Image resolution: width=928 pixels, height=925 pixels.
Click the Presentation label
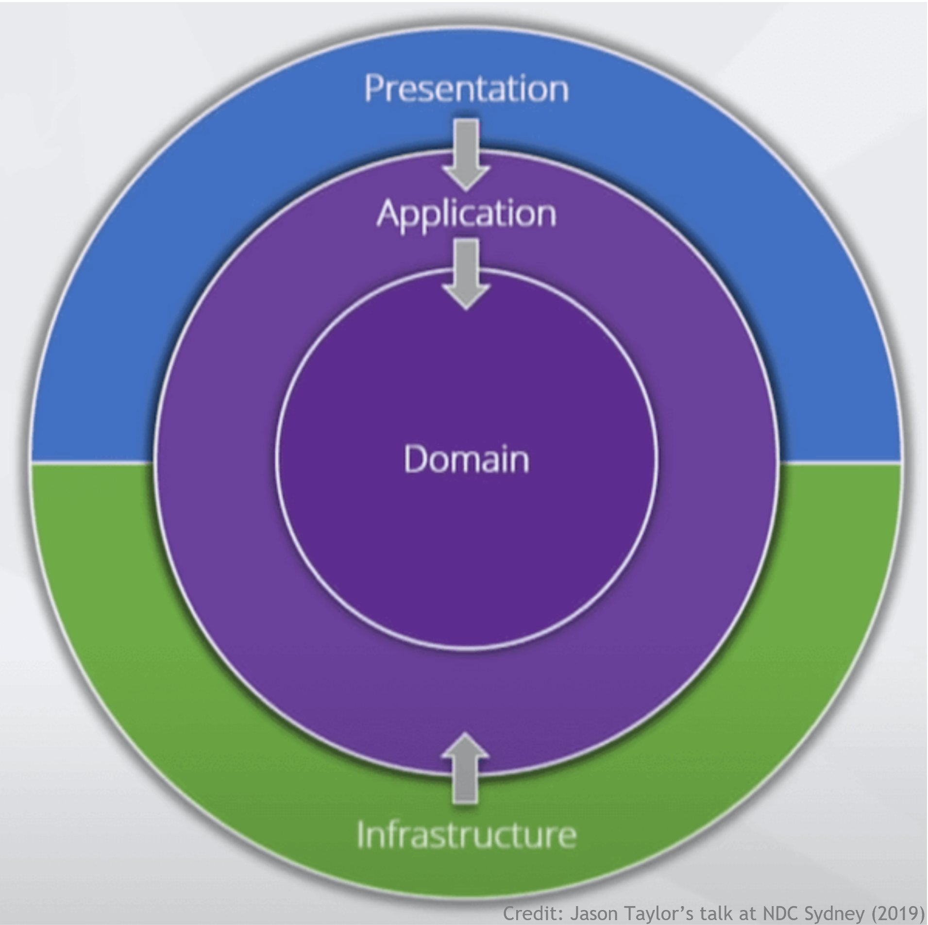[x=466, y=89]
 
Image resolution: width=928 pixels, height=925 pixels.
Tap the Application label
[x=466, y=214]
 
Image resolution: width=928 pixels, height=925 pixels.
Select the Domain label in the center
[x=466, y=459]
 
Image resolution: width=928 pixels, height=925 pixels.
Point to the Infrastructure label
[x=466, y=834]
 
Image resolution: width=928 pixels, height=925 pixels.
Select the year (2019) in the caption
[x=898, y=913]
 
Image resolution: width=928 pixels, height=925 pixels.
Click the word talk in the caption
[x=719, y=913]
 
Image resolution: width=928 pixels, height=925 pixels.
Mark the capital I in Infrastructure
[x=360, y=834]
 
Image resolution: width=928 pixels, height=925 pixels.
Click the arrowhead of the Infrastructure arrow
[x=465, y=748]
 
